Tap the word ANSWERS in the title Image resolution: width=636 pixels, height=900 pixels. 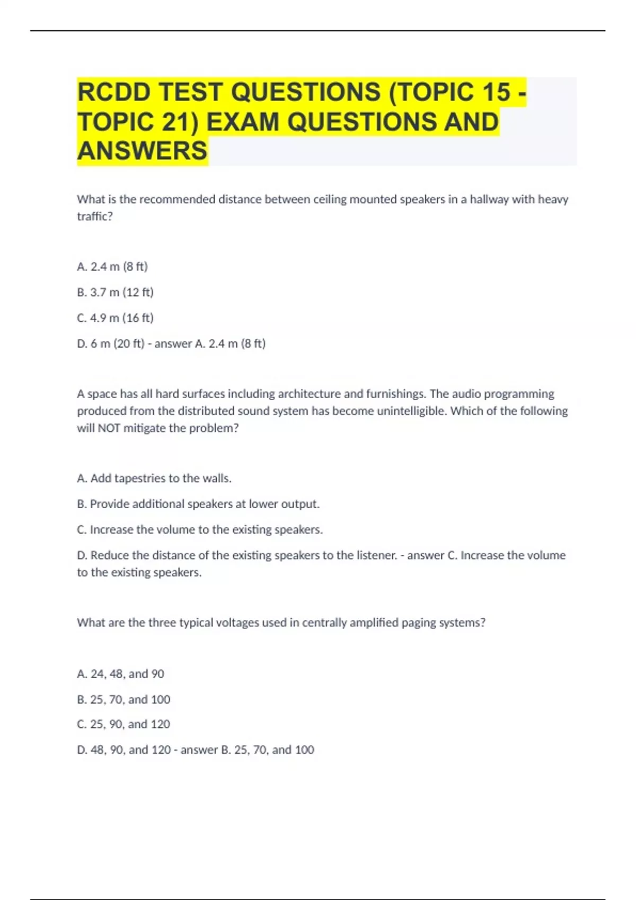(143, 151)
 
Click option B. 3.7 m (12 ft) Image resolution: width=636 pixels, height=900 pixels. (115, 292)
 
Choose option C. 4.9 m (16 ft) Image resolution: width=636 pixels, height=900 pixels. (115, 318)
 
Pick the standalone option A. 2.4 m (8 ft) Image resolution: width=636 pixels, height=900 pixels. (112, 267)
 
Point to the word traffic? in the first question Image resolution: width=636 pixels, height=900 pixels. (95, 217)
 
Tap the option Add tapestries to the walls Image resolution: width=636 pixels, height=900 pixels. (154, 479)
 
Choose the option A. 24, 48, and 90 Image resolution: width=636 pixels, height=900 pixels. (120, 674)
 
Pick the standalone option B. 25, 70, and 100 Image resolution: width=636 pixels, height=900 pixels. (123, 700)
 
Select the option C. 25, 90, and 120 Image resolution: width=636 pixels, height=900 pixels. (123, 724)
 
